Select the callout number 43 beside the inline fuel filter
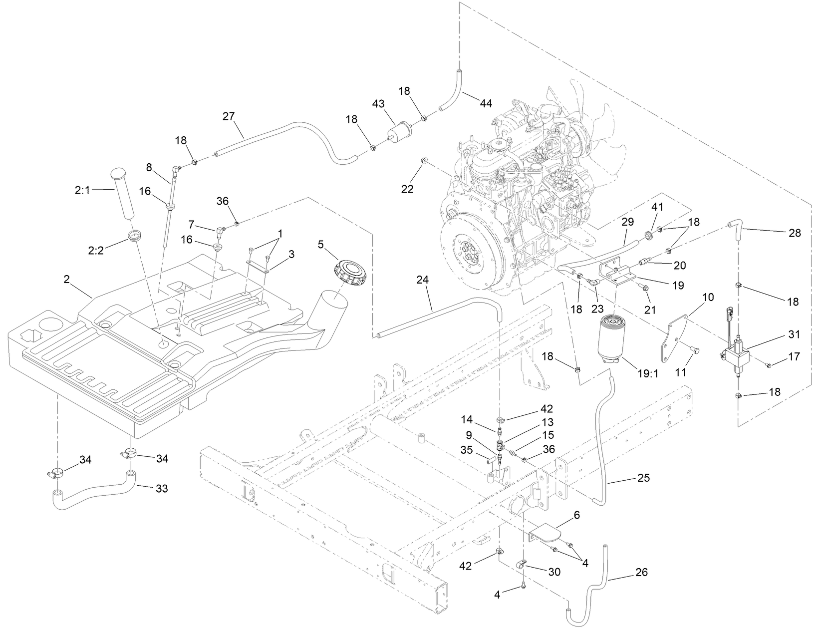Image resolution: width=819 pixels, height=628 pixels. (379, 104)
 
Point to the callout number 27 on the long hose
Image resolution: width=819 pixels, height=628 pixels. (228, 117)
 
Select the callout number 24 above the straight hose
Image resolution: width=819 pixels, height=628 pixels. (423, 281)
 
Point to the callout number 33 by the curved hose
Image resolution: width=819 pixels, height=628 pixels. (161, 488)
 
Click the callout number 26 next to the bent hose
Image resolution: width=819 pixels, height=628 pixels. (641, 572)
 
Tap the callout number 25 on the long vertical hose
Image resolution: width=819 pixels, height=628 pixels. (644, 478)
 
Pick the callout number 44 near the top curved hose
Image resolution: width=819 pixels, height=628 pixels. (486, 103)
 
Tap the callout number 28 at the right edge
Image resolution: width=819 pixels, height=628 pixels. (795, 233)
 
